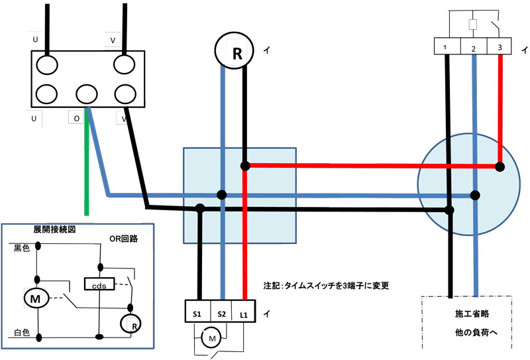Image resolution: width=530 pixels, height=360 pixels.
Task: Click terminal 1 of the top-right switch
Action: point(447,48)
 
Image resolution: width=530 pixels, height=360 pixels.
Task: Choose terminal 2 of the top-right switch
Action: point(474,48)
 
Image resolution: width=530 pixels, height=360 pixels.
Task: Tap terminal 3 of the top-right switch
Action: point(500,48)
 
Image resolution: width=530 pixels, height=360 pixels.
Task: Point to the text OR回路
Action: point(123,239)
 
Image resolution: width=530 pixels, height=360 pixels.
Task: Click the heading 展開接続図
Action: point(54,229)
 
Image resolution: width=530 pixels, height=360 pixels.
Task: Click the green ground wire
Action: point(86,172)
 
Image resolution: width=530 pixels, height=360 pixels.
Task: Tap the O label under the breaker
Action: point(77,119)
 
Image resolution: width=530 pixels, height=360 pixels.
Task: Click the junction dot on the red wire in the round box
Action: point(500,167)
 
